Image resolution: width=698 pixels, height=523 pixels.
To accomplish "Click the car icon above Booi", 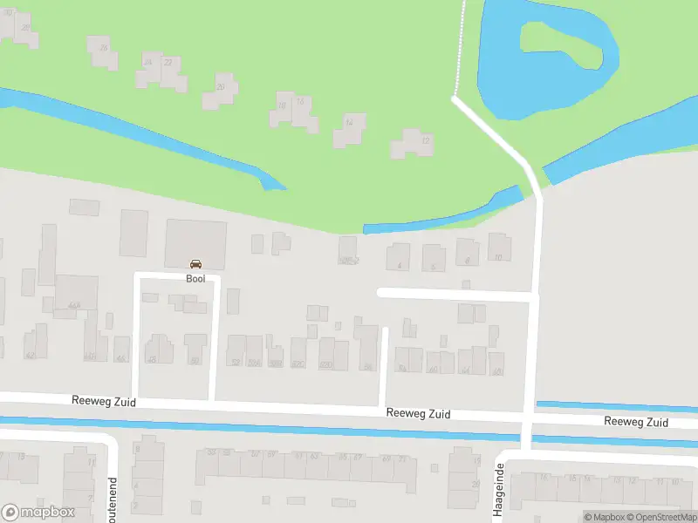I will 195,264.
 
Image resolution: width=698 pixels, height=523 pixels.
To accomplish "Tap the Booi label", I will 195,279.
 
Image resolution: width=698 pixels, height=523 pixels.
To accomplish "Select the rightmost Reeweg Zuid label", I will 636,422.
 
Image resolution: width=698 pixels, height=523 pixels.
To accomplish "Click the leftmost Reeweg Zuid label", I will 103,400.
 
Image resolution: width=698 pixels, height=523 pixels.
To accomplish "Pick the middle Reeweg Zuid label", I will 419,414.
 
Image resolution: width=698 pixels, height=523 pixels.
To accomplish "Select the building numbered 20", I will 221,91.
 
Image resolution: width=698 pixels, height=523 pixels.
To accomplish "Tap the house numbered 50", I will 195,349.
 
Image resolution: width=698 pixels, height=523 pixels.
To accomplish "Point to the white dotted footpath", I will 460,48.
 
